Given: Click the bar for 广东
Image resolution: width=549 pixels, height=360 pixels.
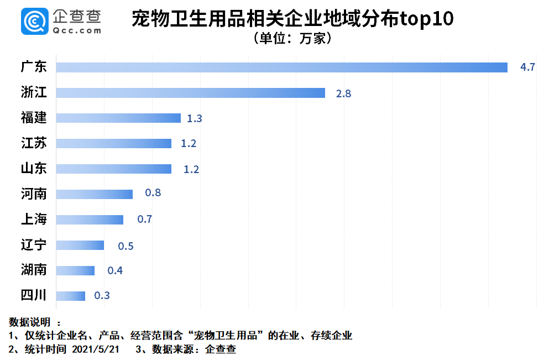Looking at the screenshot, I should click(x=282, y=67).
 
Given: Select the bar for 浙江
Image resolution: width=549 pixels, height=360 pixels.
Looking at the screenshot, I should click(x=191, y=93).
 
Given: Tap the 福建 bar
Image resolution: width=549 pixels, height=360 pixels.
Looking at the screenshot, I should click(x=118, y=118).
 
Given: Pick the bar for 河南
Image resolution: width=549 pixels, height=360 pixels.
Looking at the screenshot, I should click(x=95, y=194).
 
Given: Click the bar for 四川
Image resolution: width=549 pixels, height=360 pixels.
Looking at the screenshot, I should click(x=71, y=296).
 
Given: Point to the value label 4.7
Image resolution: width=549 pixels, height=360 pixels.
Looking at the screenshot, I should click(x=527, y=67).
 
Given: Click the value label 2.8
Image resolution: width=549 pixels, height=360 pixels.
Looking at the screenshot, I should click(x=343, y=93).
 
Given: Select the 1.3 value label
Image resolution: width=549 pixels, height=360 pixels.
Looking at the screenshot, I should click(x=194, y=118).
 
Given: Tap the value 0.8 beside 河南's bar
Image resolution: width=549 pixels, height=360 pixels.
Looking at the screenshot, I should click(x=152, y=194).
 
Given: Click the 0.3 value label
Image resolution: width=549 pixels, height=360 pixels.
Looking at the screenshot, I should click(x=102, y=296).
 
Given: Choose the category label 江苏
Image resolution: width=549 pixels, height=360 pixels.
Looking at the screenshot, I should click(x=34, y=144).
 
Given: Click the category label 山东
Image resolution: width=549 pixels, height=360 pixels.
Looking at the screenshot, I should click(x=34, y=169).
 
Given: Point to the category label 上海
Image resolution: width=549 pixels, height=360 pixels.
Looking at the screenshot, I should click(x=34, y=220).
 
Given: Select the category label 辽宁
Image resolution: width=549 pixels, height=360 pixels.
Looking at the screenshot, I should click(x=34, y=244).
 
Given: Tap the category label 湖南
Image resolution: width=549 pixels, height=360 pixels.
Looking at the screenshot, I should click(x=34, y=270).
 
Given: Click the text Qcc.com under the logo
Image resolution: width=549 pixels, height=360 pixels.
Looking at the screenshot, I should click(x=78, y=31).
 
